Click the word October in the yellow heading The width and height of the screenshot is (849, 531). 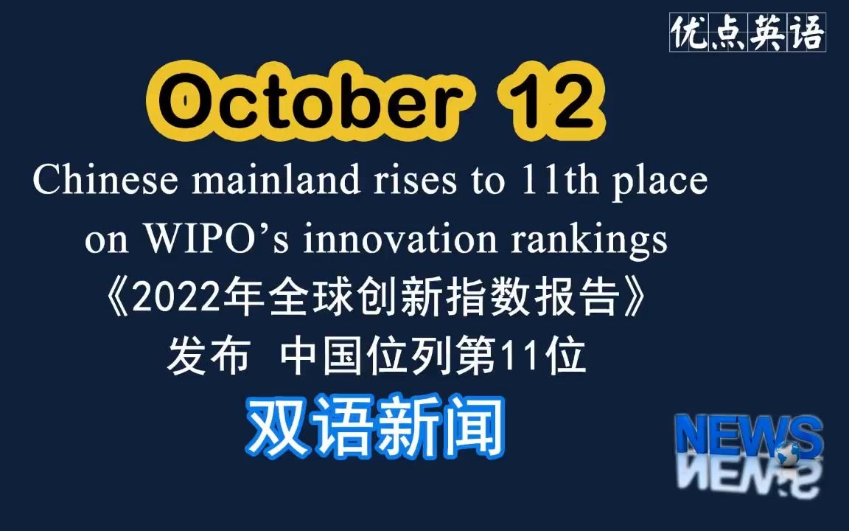(x=311, y=101)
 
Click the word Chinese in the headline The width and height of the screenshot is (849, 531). (x=105, y=179)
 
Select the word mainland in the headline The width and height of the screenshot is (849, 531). (x=276, y=179)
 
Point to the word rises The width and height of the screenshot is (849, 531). (x=416, y=179)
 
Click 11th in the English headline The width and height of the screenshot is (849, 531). (x=559, y=179)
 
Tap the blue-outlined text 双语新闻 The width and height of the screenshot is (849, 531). (x=376, y=427)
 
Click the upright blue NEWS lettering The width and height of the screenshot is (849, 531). (x=748, y=437)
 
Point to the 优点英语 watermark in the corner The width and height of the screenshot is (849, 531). (x=748, y=32)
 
